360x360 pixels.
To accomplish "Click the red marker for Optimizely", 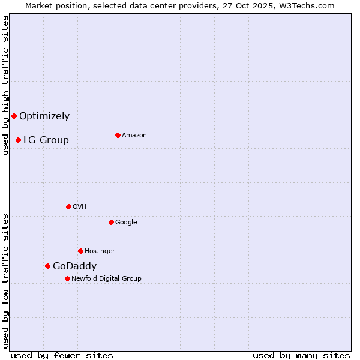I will (x=14, y=116).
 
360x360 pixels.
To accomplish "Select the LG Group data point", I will (x=18, y=140).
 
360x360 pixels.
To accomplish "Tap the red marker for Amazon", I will (x=118, y=135).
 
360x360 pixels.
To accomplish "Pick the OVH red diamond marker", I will (x=68, y=206).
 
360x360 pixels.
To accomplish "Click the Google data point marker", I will (x=111, y=222).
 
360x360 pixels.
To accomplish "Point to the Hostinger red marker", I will (x=80, y=251).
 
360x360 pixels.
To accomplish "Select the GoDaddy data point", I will (x=47, y=266).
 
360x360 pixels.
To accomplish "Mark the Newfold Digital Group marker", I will (x=67, y=278).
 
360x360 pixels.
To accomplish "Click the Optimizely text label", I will (x=44, y=116).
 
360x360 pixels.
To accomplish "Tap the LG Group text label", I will (x=46, y=140).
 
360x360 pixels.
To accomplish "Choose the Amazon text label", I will (x=134, y=136).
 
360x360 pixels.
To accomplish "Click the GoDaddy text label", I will (x=74, y=266).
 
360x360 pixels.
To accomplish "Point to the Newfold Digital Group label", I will (x=106, y=279).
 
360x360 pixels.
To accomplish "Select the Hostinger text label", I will (x=100, y=251).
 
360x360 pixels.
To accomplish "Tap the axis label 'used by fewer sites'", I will (x=62, y=355).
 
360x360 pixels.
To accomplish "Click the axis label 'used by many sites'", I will (x=301, y=355).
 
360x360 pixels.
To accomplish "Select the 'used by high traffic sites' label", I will (x=5, y=85).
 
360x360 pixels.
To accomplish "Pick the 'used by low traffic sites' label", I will (x=5, y=281).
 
